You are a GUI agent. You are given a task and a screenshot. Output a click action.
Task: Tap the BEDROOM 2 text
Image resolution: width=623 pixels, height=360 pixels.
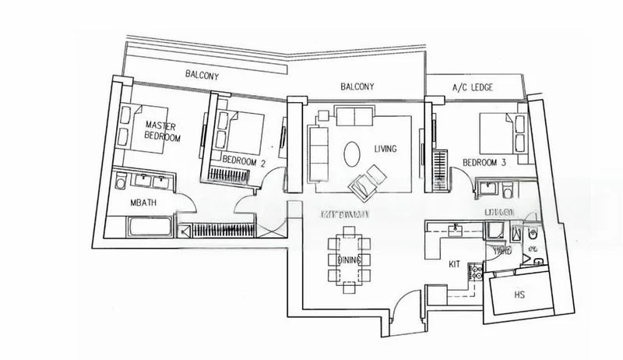pyautogui.click(x=244, y=161)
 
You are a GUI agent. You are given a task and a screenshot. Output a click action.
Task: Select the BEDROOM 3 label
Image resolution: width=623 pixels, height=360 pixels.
pyautogui.click(x=484, y=162)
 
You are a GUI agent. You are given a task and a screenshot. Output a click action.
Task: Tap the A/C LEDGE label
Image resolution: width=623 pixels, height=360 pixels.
pyautogui.click(x=473, y=87)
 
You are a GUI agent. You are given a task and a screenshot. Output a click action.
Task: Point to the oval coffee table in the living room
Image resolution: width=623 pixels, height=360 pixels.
pyautogui.click(x=352, y=151)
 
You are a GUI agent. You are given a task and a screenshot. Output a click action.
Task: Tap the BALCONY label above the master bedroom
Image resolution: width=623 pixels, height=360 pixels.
pyautogui.click(x=201, y=76)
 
